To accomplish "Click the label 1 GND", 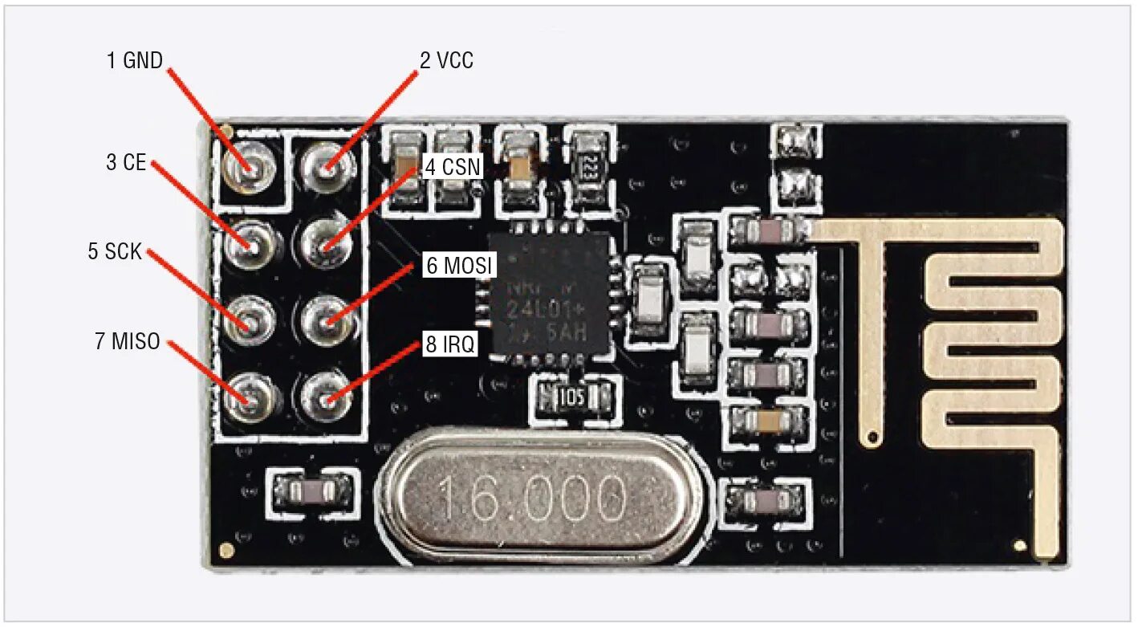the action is click(x=135, y=60).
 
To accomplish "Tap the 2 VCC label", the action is click(x=446, y=60).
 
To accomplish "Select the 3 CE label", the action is click(x=126, y=162).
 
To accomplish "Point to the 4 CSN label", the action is click(x=453, y=167).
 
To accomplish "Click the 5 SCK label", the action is click(x=115, y=251).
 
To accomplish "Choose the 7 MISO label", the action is click(x=127, y=341).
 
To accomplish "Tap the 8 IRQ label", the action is click(x=450, y=345).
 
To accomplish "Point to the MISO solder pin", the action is click(x=250, y=397).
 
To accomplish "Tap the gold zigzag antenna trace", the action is click(x=995, y=337).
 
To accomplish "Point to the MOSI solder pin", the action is click(x=327, y=321).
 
